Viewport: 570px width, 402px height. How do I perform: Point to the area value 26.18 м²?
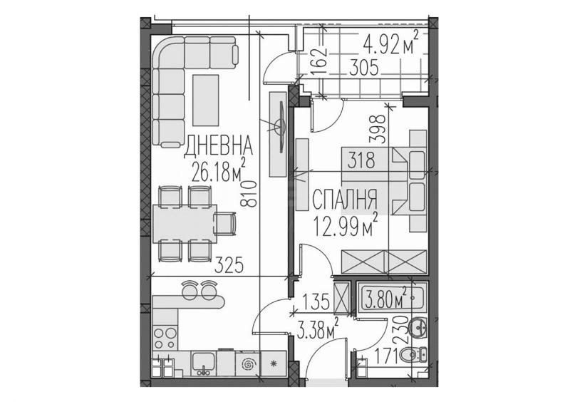point(219,171)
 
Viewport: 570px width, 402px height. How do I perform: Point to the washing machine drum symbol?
point(250,364)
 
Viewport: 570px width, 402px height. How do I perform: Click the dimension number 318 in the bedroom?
point(361,161)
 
